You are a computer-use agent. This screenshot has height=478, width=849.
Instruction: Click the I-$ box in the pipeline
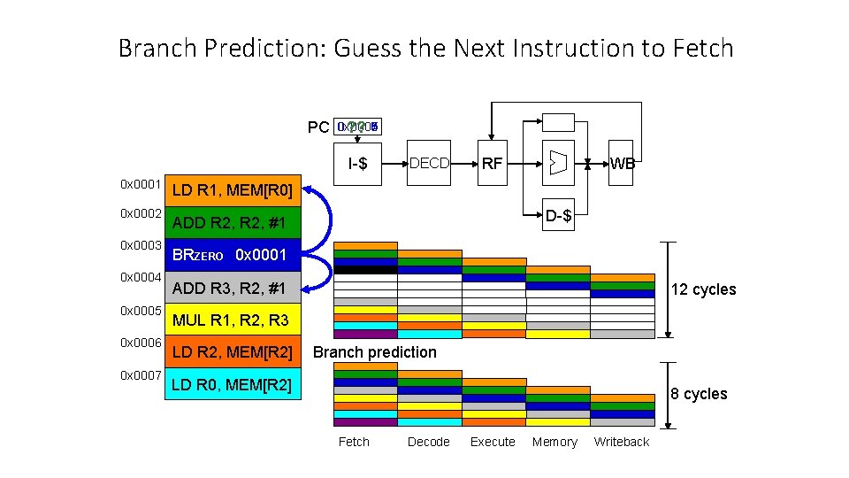point(358,163)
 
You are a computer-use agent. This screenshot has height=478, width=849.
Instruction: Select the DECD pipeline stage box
point(429,163)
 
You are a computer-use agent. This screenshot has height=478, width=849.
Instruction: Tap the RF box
point(492,163)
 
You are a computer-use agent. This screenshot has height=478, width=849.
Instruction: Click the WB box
point(622,163)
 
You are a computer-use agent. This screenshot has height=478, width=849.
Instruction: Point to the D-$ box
point(557,215)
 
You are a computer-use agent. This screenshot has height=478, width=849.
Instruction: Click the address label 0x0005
point(141,311)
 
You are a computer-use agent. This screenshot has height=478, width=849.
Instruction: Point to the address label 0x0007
point(141,374)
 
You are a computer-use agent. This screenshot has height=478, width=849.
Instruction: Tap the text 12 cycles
point(703,290)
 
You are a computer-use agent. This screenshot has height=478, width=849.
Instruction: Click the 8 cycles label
point(699,394)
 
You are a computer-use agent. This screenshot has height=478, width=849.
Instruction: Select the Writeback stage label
point(621,442)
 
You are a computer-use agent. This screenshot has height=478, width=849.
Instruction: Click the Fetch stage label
point(354,442)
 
